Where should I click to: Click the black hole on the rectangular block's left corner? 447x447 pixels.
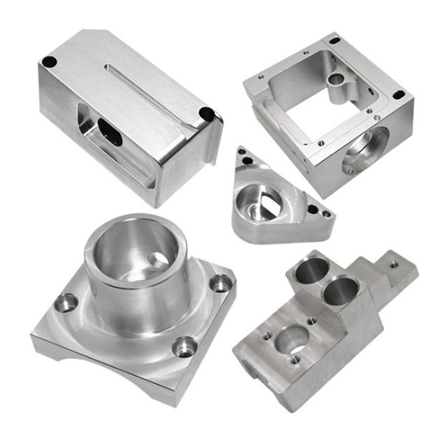49,61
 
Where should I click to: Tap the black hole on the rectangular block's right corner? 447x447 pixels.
205,113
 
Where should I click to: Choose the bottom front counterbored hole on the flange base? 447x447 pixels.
185,346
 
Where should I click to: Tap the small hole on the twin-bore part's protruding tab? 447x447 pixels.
394,264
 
